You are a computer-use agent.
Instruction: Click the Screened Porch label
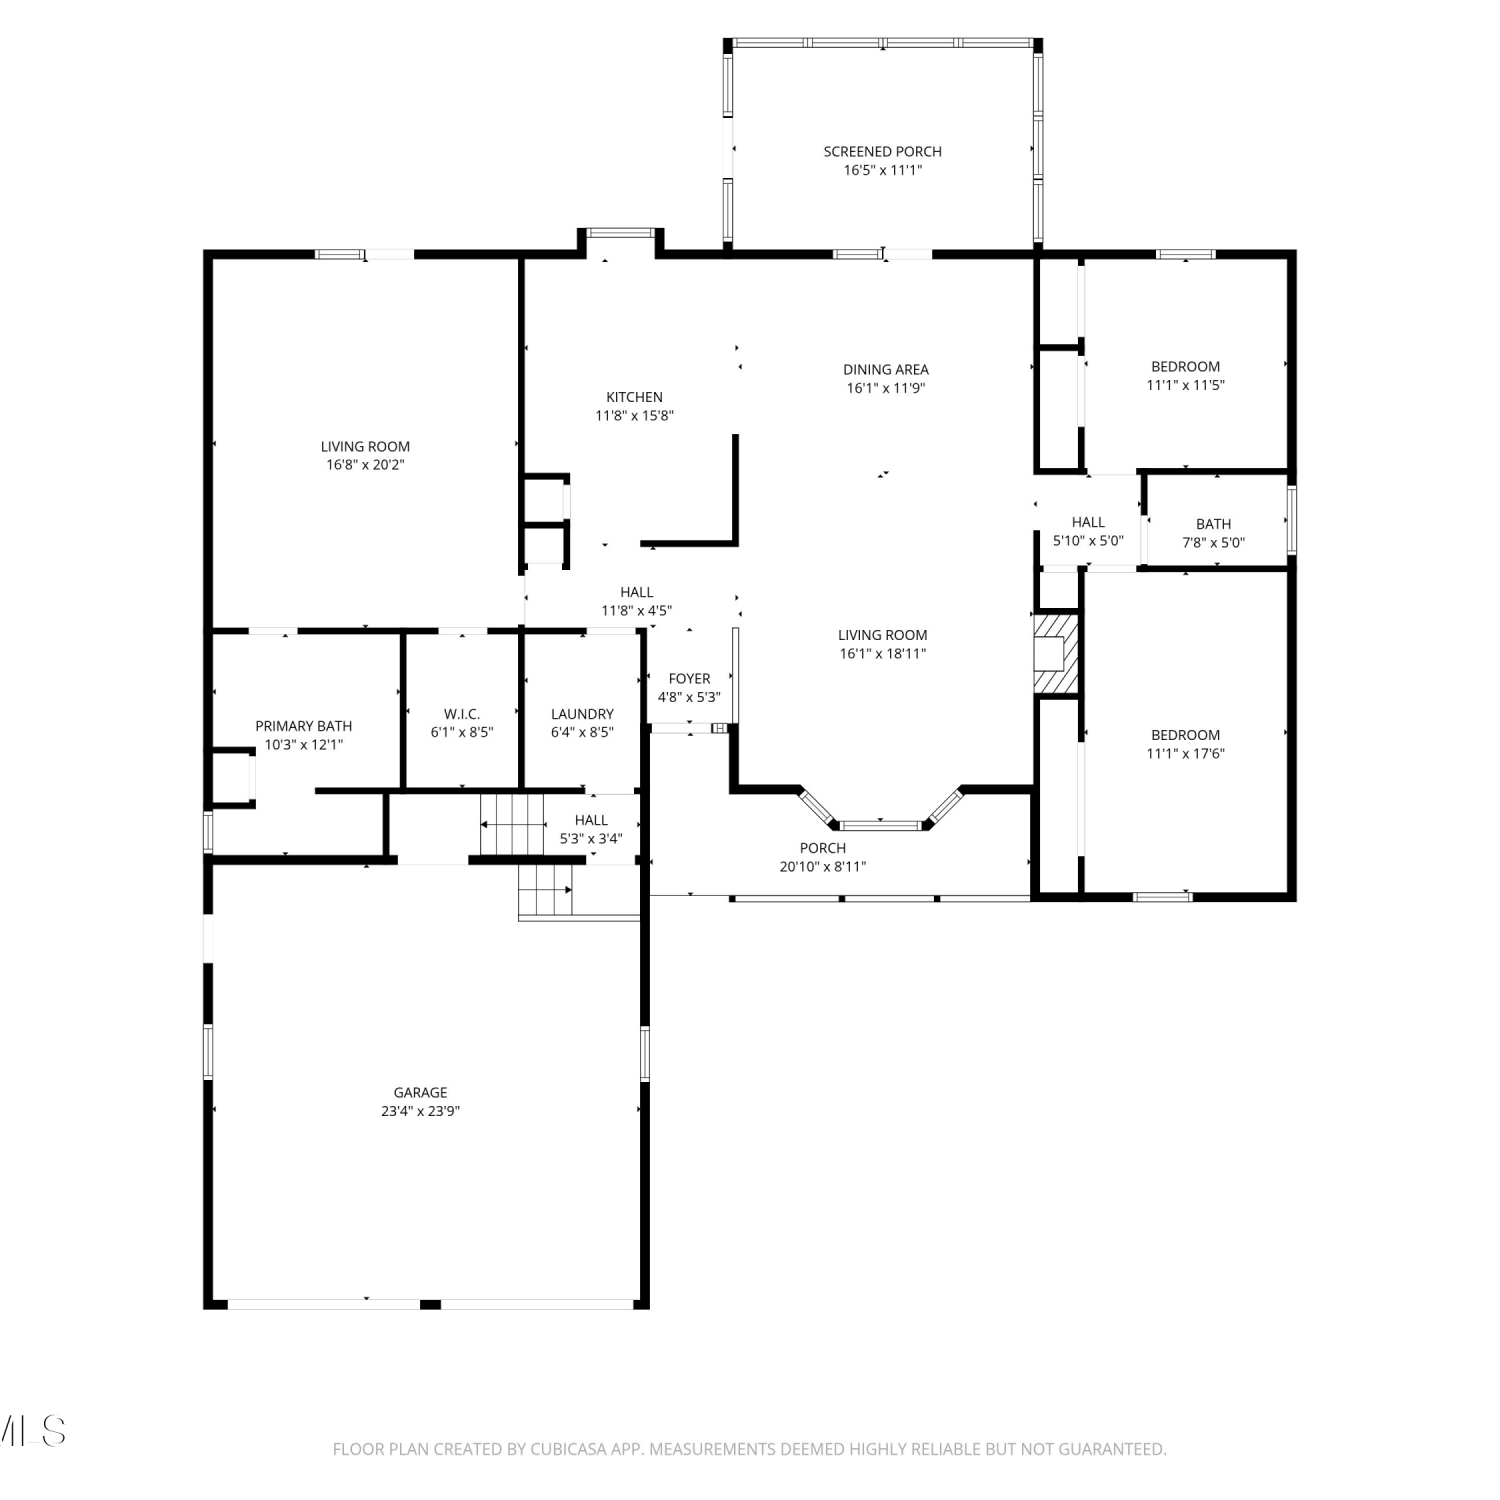point(882,152)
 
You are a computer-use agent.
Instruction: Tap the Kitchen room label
point(634,397)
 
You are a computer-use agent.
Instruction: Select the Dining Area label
point(885,370)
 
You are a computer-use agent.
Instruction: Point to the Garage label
point(420,1093)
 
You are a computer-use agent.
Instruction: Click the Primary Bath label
point(303,726)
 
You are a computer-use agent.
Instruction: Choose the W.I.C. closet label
point(462,714)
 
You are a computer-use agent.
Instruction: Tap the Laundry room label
point(582,714)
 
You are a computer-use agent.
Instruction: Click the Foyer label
point(689,679)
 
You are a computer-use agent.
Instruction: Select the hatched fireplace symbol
point(1056,653)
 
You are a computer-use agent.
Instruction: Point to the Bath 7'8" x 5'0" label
point(1213,533)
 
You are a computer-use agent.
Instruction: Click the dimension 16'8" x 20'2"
point(365,465)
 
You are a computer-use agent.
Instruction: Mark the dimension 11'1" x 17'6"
point(1185,754)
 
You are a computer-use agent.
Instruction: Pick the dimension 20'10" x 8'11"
point(822,867)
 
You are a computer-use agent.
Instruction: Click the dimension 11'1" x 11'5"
point(1185,385)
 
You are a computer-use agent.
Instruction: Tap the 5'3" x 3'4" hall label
point(590,830)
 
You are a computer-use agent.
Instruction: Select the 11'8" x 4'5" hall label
point(636,601)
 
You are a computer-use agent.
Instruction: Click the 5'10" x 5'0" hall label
point(1088,531)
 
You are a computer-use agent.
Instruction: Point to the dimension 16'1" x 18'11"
point(882,654)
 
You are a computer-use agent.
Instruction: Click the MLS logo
point(33,1431)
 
